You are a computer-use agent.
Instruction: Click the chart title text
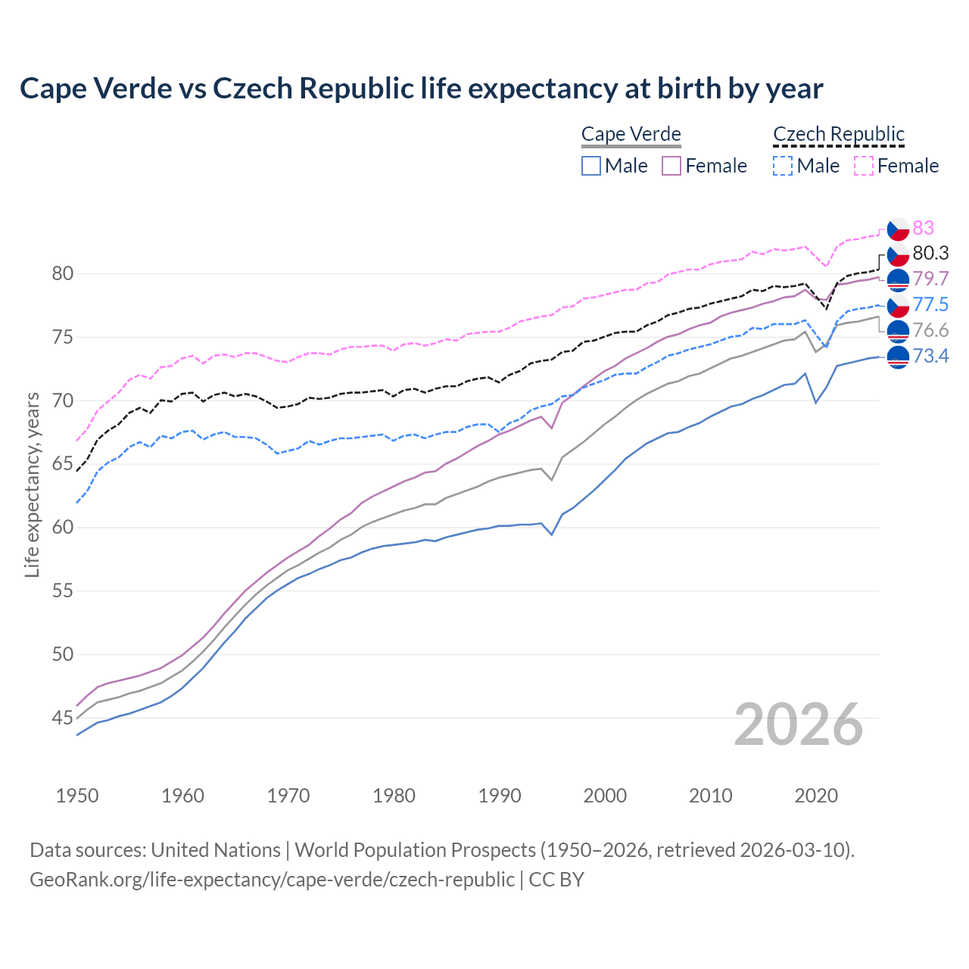[x=421, y=89]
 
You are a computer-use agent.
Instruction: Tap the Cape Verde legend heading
[x=631, y=134]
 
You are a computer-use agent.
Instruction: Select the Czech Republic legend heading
[x=838, y=134]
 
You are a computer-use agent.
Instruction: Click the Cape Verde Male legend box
[x=591, y=166]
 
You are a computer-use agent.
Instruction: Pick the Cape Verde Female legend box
[x=671, y=166]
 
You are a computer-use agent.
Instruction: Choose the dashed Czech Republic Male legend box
[x=783, y=166]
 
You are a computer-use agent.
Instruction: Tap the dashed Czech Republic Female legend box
[x=864, y=166]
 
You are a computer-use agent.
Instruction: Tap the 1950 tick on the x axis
[x=77, y=796]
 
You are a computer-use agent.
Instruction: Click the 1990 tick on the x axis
[x=500, y=796]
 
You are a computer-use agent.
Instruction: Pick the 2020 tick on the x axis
[x=816, y=796]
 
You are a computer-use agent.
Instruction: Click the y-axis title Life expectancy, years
[x=32, y=484]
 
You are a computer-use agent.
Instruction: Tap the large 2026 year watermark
[x=798, y=724]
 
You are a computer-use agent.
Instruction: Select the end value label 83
[x=923, y=228]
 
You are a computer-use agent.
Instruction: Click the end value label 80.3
[x=930, y=253]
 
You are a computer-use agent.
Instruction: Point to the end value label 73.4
[x=930, y=356]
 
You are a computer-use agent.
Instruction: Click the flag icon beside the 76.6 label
[x=898, y=330]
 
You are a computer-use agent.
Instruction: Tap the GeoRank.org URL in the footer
[x=272, y=880]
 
